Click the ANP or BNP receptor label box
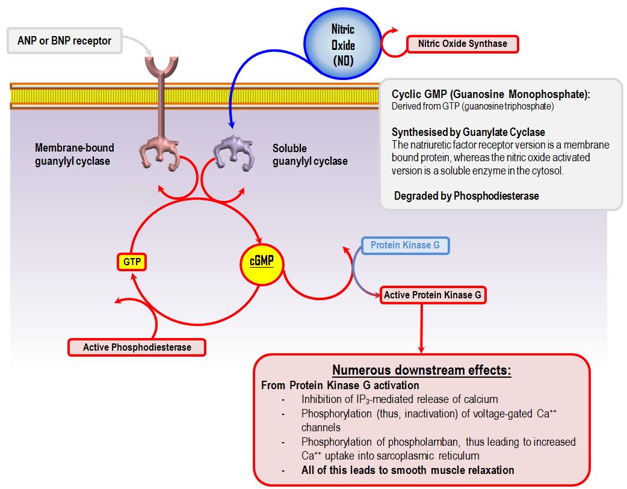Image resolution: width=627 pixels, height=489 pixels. (65, 41)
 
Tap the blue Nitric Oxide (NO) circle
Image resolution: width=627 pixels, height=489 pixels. (343, 45)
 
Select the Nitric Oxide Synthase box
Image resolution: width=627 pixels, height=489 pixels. (462, 44)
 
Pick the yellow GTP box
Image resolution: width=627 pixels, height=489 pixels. (131, 262)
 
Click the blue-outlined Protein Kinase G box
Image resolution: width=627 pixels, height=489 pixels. (405, 245)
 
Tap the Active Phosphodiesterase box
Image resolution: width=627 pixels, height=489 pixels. (137, 347)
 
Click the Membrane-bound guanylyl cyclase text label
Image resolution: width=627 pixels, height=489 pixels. (74, 155)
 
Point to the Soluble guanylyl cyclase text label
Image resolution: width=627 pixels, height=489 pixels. (309, 155)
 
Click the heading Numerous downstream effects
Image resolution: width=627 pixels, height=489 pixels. (422, 371)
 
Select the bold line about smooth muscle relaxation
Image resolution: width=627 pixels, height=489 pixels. (407, 470)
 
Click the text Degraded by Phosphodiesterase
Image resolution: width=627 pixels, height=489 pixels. (466, 195)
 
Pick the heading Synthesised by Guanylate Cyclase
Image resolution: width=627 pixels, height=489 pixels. (468, 132)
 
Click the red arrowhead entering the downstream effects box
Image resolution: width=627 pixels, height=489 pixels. (421, 349)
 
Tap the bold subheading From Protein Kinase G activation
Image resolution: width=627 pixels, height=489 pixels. (340, 385)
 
